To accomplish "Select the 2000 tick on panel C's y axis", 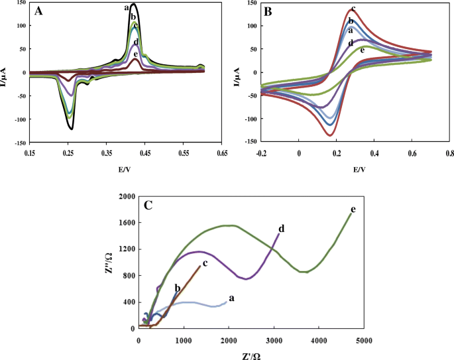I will point(125,197).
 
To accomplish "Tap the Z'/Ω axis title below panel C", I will point(251,355).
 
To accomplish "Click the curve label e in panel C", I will point(353,210).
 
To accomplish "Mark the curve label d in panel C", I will point(282,229).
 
